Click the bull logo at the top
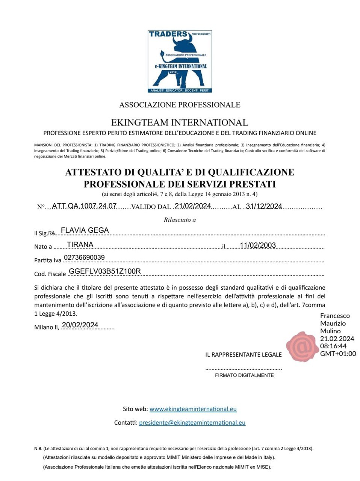(x=180, y=61)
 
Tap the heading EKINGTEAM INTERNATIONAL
(x=180, y=123)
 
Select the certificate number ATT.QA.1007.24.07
(x=84, y=206)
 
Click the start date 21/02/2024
(x=193, y=206)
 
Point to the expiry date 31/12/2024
(x=263, y=206)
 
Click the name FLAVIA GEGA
(x=85, y=230)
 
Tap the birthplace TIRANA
(x=80, y=245)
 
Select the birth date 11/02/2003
(x=258, y=245)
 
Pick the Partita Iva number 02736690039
(x=84, y=257)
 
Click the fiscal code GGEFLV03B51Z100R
(x=105, y=271)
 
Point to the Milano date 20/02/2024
(x=80, y=325)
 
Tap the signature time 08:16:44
(x=333, y=346)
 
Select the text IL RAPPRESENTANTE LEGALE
(x=244, y=354)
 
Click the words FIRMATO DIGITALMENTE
(x=244, y=375)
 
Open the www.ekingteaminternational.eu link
(x=193, y=409)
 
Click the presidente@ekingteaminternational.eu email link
(x=192, y=422)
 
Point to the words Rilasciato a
(x=180, y=220)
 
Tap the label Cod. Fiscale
(x=50, y=274)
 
